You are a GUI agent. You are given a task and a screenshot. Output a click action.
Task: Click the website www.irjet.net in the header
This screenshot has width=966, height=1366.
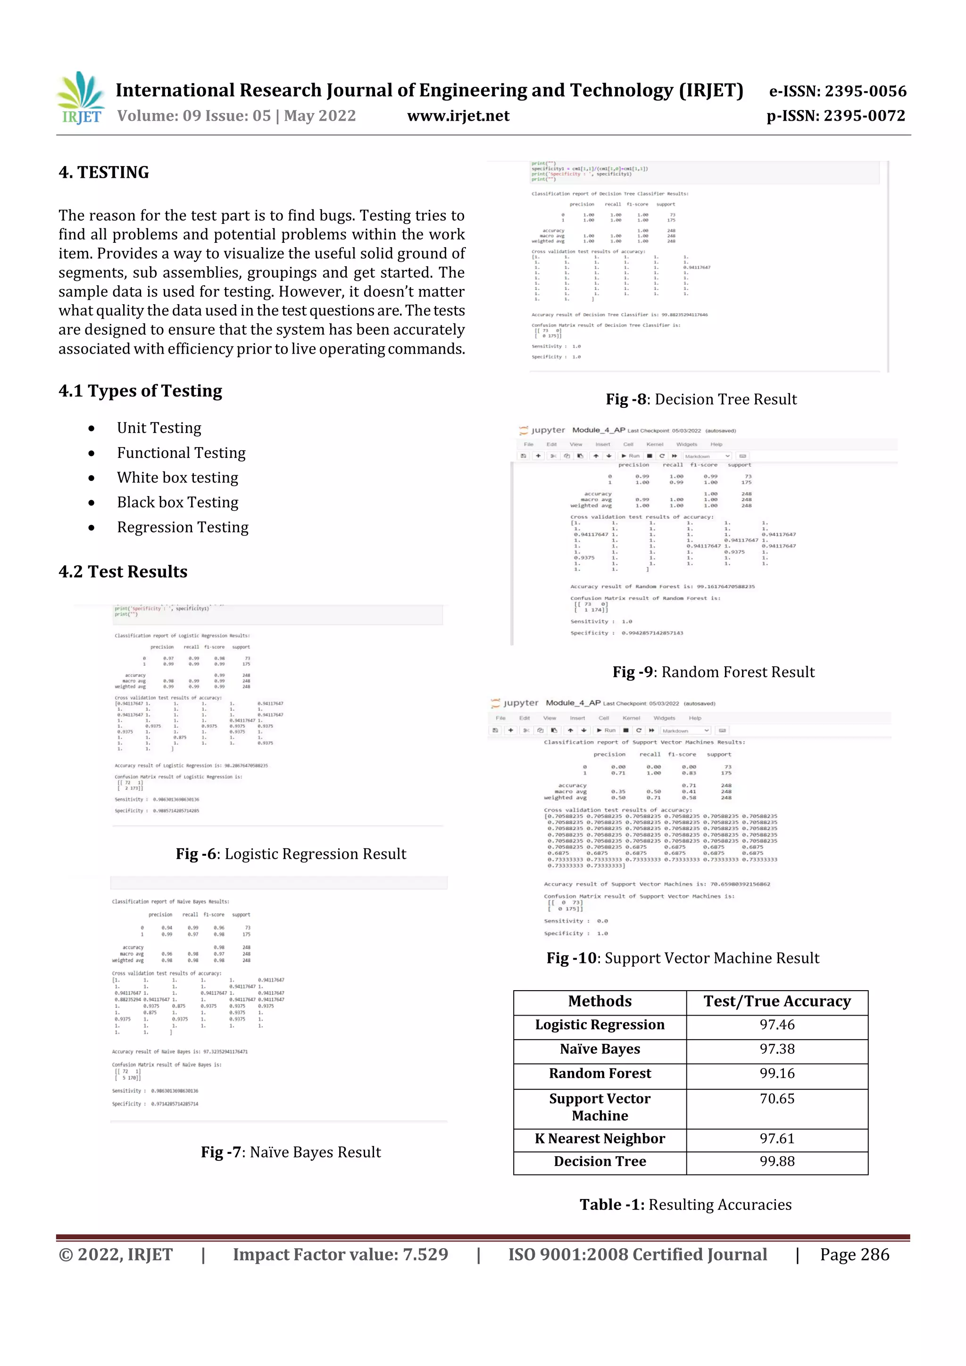(x=458, y=116)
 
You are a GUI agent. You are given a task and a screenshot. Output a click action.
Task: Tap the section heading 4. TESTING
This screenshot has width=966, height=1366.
(x=104, y=173)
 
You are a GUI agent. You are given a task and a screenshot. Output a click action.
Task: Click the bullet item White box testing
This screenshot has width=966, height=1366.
(x=177, y=478)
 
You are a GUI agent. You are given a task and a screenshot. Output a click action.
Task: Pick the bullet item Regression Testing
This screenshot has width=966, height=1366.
(x=182, y=527)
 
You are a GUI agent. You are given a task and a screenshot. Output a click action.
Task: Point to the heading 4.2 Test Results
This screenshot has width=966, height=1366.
(x=123, y=572)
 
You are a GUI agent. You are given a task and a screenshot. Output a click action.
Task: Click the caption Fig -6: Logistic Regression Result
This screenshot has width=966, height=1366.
(x=291, y=854)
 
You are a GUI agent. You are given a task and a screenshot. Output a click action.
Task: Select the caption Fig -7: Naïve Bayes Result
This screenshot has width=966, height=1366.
(x=291, y=1152)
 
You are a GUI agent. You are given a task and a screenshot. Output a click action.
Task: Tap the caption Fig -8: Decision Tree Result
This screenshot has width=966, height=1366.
(x=700, y=399)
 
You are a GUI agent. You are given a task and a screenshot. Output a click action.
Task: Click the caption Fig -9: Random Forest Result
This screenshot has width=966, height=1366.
(x=713, y=672)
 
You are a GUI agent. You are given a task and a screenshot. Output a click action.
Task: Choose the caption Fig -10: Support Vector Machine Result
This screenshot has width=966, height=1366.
(x=682, y=958)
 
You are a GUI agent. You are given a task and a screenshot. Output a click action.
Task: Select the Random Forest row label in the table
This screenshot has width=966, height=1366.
(x=600, y=1073)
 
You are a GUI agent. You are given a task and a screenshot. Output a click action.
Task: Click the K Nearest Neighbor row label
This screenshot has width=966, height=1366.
(x=600, y=1138)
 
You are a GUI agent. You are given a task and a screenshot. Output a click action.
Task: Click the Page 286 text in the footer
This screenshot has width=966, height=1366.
(x=854, y=1255)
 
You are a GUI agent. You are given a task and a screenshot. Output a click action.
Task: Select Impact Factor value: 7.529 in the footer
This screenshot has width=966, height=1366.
(x=340, y=1255)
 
